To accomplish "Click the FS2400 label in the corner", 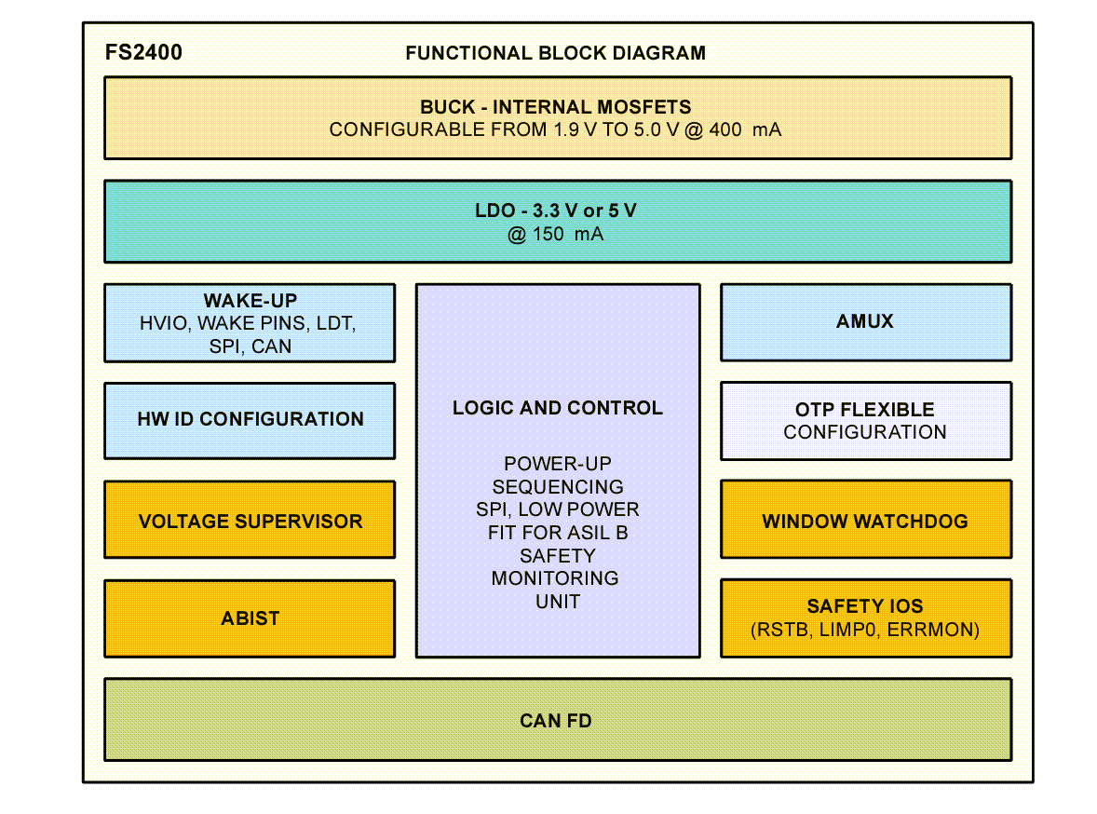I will coord(143,52).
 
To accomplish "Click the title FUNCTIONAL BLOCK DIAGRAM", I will coord(555,53).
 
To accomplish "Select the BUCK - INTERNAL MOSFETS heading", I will coord(555,107).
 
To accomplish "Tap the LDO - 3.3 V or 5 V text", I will coord(555,211).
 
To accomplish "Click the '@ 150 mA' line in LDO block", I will coord(555,235).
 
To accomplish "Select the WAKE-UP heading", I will coord(250,301).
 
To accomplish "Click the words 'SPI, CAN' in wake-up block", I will coord(250,346).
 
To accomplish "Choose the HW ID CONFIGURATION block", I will coord(250,419).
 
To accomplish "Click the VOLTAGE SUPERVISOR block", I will coord(250,521).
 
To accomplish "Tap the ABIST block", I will coord(250,618).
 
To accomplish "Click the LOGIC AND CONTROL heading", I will coord(557,408).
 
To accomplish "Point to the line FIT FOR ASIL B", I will coord(557,533).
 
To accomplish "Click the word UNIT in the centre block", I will coord(557,602).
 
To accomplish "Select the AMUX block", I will coord(864,321).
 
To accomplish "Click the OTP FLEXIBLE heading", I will coord(864,410).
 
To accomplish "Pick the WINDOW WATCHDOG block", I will coord(864,521).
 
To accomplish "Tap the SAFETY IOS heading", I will coord(864,606).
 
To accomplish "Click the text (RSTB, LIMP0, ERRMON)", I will coord(864,631).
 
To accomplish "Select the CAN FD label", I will coord(555,721).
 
